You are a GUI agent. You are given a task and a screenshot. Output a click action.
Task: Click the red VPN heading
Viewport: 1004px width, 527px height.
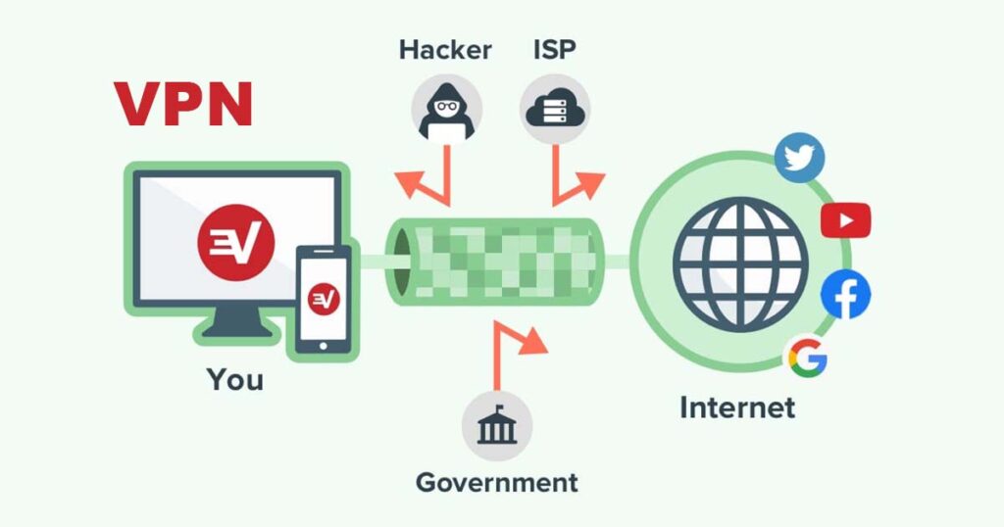coord(183,104)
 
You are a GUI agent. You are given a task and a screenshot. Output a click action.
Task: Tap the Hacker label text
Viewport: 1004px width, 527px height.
coord(446,50)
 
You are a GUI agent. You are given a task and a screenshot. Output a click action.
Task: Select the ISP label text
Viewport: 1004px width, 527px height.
coord(555,50)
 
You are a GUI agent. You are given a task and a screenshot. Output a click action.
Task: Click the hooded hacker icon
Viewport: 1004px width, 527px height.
coord(446,110)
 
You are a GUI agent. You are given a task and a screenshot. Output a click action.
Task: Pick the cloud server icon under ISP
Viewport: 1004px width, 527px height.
coord(555,110)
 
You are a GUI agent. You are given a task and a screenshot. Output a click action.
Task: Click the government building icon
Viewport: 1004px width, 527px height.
coord(497,425)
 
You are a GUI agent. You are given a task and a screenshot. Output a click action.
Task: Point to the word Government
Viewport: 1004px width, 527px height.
coord(497,482)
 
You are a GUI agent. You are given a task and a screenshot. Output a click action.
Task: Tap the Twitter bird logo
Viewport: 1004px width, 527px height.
coord(799,158)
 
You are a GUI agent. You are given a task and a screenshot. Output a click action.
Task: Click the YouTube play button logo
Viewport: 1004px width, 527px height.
coord(845,220)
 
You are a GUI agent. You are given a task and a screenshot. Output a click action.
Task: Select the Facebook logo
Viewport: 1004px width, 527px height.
coord(845,295)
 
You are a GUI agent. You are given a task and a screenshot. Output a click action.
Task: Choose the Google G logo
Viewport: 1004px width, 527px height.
coord(808,358)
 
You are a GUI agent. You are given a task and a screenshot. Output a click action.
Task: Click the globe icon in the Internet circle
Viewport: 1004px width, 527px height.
coord(740,264)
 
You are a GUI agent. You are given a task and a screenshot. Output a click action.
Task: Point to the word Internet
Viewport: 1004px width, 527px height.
coord(737,407)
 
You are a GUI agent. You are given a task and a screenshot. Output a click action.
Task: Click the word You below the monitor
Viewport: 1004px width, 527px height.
coord(235,379)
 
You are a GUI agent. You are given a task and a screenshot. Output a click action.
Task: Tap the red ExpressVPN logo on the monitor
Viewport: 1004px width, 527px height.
coord(235,242)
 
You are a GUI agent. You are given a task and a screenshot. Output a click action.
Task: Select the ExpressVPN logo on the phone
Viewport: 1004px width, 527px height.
coord(324,300)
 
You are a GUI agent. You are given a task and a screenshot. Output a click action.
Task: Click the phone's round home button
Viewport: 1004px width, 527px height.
coord(324,346)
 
